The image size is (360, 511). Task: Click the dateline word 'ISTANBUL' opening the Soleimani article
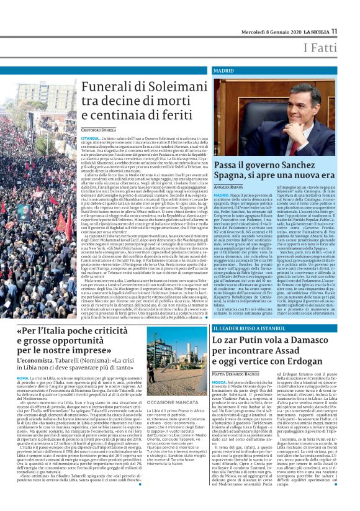point(90,137)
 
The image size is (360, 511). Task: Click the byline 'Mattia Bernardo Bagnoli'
point(237,375)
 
